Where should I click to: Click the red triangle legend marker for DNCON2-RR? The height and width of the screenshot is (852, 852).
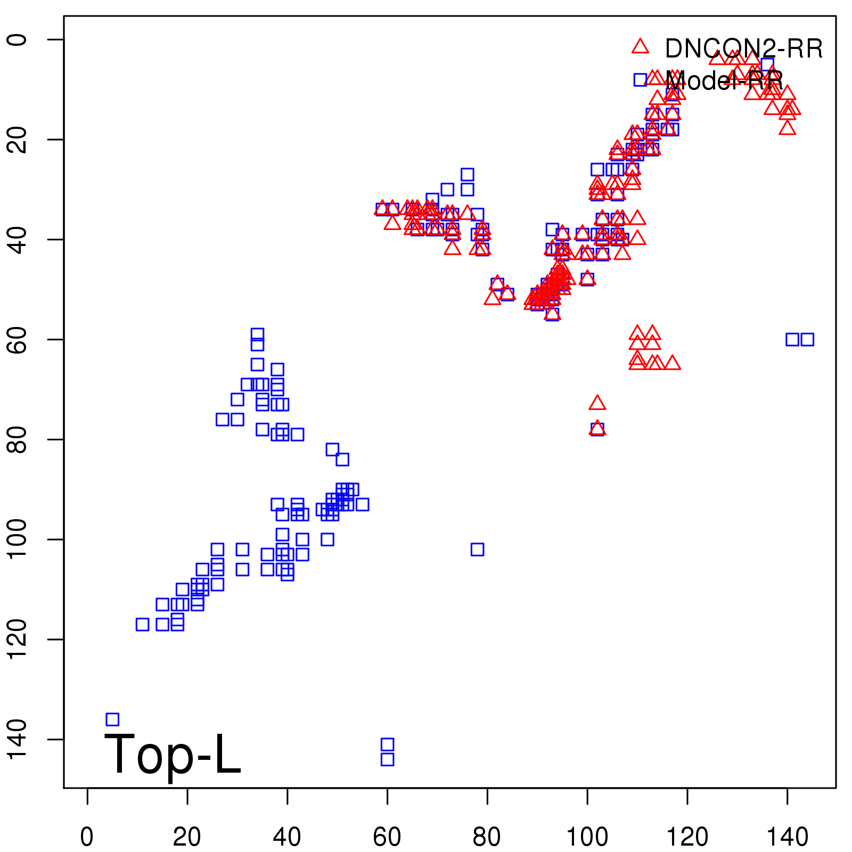[x=640, y=46]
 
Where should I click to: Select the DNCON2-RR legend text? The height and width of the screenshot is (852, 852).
[x=743, y=49]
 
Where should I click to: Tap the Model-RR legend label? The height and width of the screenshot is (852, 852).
[x=724, y=81]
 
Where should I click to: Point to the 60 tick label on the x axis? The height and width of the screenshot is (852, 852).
[x=387, y=837]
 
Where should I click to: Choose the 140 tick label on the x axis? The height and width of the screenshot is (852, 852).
[x=787, y=837]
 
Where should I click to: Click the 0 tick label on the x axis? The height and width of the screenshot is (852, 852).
[x=87, y=837]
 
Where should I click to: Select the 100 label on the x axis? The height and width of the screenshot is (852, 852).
[x=587, y=837]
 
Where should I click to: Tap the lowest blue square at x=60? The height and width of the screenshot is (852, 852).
[x=388, y=759]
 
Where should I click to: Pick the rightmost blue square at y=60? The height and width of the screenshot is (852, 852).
[x=807, y=339]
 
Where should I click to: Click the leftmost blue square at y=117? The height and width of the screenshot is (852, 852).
[x=142, y=624]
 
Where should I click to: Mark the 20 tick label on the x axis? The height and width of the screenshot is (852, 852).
[x=187, y=837]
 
